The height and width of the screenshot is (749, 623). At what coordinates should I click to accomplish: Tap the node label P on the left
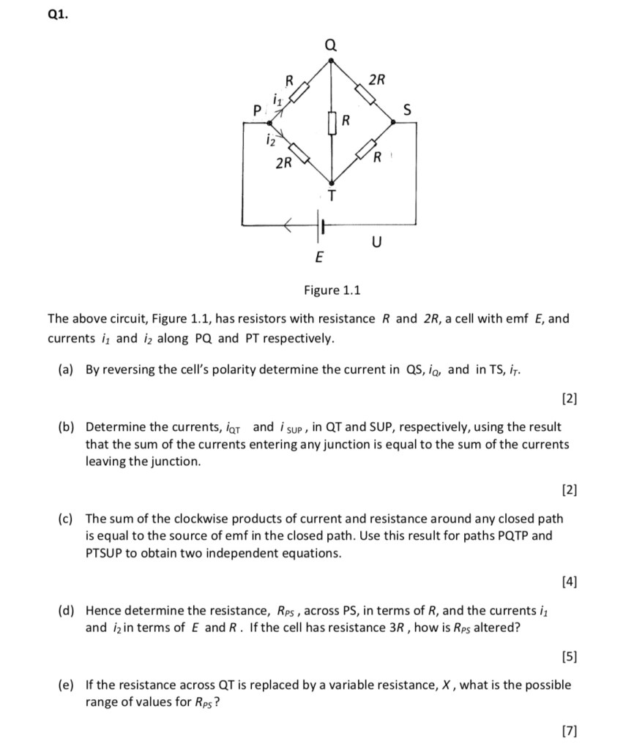coord(255,111)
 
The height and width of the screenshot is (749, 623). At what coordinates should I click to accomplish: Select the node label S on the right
coord(409,110)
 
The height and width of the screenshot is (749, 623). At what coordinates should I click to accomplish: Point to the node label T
coord(332,195)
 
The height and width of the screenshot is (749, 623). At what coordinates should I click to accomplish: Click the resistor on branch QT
coord(332,121)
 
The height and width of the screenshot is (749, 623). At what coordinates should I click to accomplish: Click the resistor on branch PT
coord(301,153)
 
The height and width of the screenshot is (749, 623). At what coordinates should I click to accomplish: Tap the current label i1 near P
coord(276,98)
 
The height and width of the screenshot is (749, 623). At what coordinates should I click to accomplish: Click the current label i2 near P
coord(272,138)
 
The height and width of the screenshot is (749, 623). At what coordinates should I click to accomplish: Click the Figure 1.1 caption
coord(332,290)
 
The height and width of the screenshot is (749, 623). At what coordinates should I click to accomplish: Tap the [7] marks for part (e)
coord(569,730)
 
